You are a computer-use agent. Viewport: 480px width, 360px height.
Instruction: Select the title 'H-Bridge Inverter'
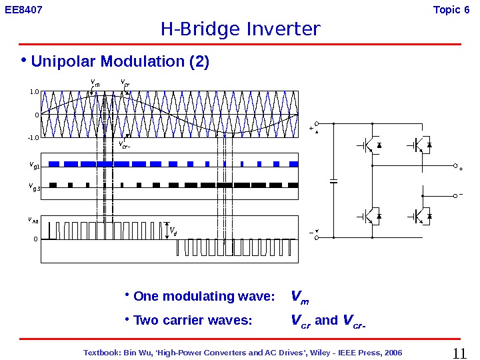pos(240,30)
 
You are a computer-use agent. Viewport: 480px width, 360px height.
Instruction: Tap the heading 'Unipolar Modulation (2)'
pos(120,62)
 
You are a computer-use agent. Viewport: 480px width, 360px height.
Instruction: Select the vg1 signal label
pos(35,164)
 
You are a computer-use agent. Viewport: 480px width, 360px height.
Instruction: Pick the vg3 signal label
pos(35,187)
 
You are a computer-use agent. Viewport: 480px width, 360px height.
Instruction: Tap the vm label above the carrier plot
pos(95,83)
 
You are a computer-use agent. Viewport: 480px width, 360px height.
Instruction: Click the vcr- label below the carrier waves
pos(124,144)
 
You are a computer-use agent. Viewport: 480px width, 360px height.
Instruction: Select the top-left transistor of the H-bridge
pos(367,145)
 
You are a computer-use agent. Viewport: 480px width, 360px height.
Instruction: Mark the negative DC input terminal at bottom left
pos(317,237)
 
